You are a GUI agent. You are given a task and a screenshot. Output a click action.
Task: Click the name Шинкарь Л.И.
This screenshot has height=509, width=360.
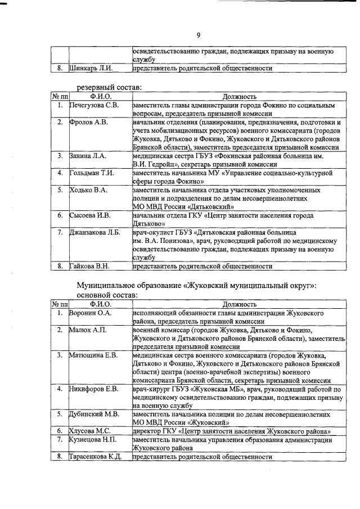91,69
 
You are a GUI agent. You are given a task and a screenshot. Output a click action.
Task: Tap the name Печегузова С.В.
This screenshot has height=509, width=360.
94,105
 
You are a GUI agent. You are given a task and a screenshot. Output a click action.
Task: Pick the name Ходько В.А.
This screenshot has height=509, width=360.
88,190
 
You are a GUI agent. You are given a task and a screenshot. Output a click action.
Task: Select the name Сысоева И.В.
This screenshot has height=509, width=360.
90,215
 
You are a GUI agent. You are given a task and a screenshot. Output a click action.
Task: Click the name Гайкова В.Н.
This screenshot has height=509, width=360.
89,266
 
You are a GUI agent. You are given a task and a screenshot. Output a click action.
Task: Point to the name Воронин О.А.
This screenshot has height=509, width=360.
91,312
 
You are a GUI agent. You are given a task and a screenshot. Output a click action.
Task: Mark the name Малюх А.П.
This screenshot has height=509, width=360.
87,329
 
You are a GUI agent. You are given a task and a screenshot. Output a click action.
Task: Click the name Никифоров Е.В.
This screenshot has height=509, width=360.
93,389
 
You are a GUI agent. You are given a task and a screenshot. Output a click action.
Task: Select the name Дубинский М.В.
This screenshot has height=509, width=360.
94,414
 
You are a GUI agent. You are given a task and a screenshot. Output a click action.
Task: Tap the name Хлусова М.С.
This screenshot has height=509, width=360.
89,431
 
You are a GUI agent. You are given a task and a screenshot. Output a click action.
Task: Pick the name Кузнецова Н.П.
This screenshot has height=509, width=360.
93,439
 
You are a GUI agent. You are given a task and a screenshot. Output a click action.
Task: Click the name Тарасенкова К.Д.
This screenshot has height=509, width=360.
96,457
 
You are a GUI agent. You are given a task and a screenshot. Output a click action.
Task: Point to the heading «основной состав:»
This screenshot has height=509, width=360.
107,295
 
